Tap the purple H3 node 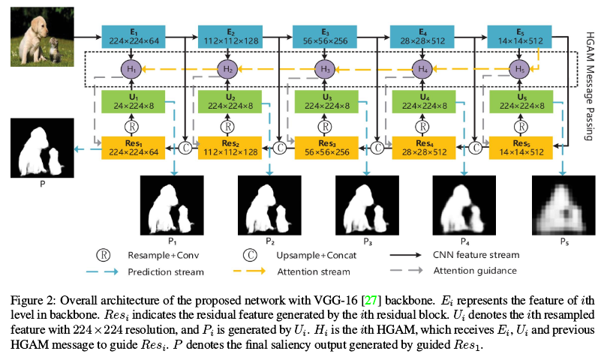325,69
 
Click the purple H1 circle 131,69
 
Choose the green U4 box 422,102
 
